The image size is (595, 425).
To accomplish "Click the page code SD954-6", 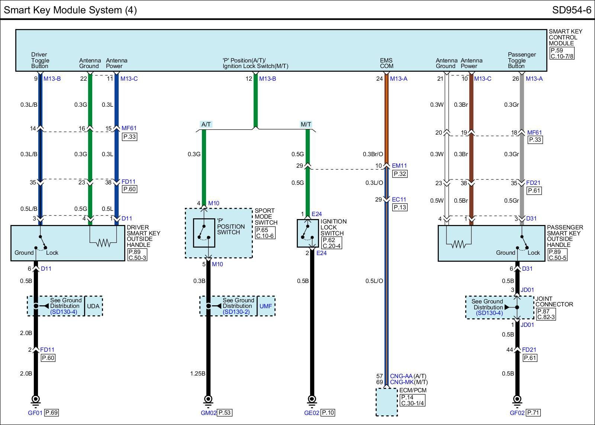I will (571, 10).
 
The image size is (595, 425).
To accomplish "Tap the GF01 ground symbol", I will (36, 400).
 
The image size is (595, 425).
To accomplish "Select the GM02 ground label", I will (208, 412).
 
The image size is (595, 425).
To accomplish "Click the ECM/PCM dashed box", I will (386, 402).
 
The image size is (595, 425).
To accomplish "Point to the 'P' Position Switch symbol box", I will (204, 233).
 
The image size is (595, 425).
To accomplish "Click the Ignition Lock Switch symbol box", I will (308, 233).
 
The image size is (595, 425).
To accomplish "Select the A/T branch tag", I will (206, 125).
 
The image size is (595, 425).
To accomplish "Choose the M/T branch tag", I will (306, 125).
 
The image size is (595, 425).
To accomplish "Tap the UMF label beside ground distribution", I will (266, 306).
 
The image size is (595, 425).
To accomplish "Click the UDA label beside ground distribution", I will (93, 306).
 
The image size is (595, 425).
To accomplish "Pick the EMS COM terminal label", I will (386, 63).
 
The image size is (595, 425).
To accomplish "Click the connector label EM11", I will (399, 166).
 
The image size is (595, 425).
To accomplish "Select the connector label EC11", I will (399, 199).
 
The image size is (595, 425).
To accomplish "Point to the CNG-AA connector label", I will (401, 376).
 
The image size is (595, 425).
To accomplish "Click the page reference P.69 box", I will (51, 412).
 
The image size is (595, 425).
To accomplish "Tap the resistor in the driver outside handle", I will (103, 244).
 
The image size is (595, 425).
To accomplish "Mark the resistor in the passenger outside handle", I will (459, 244).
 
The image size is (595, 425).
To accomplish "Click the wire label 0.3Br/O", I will (373, 154).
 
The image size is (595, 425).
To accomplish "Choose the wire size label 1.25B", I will (197, 373).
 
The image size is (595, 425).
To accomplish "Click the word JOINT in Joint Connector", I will (544, 299).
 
